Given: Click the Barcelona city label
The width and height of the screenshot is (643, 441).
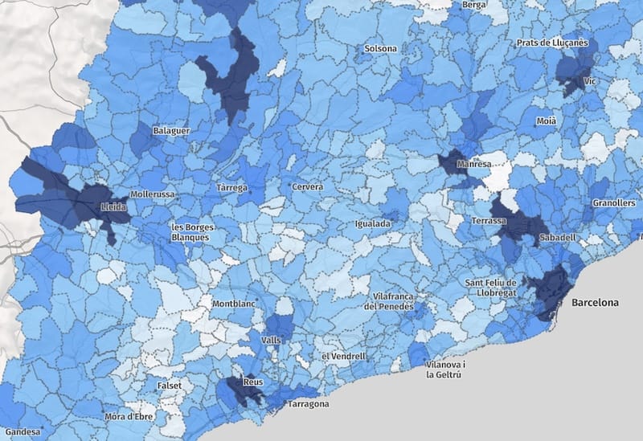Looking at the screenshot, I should [595, 303].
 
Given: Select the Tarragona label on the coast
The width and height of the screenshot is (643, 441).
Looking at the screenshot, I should [307, 403].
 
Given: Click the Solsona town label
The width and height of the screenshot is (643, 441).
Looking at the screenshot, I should [380, 48].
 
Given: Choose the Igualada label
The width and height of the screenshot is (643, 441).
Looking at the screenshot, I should [374, 223].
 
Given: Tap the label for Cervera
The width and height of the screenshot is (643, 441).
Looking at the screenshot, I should [307, 186].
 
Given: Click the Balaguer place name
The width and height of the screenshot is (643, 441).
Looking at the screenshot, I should [171, 130].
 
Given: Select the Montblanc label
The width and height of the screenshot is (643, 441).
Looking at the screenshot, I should [232, 304].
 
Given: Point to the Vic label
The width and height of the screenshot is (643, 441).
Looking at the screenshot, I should [591, 82].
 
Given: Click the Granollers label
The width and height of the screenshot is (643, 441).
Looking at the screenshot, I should [613, 203].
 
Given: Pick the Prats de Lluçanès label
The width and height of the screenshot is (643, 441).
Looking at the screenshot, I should [552, 43].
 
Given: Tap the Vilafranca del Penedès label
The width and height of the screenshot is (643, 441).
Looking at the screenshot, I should [389, 301].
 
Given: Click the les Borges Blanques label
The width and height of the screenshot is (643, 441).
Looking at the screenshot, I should [190, 232].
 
